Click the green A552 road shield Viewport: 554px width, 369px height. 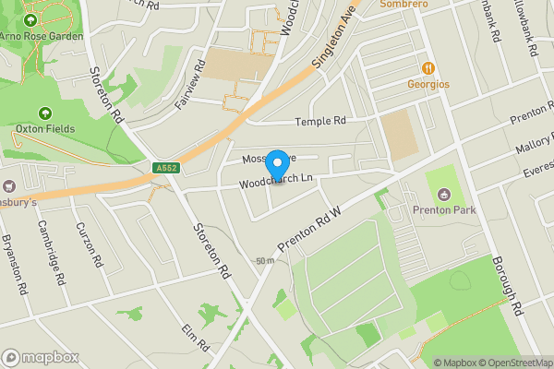pyautogui.click(x=166, y=168)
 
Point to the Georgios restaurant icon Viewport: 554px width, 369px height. pyautogui.click(x=428, y=68)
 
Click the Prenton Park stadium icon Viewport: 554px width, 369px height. pyautogui.click(x=445, y=194)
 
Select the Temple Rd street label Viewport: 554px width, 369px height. pyautogui.click(x=319, y=121)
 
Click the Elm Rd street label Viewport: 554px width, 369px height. pyautogui.click(x=196, y=337)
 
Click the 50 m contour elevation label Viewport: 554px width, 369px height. pyautogui.click(x=266, y=261)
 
